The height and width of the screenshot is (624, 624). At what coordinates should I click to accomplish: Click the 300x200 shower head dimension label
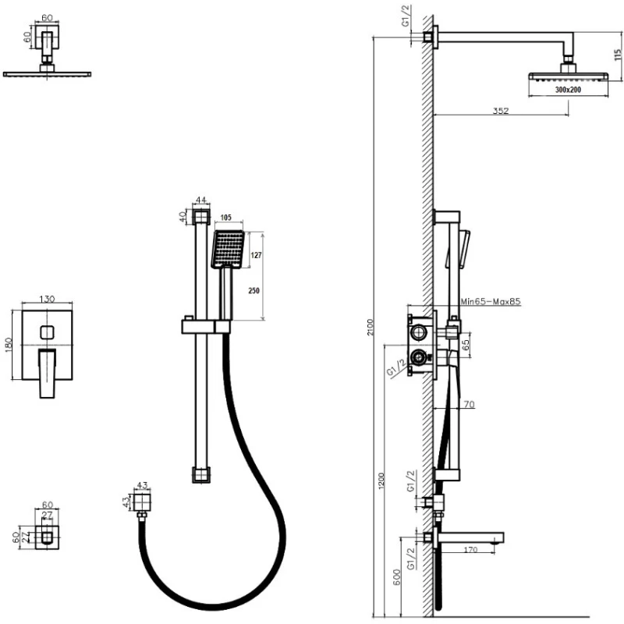(569, 90)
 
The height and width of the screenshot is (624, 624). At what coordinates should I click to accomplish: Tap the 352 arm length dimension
(501, 111)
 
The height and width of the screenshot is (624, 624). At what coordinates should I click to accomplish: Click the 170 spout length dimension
(468, 551)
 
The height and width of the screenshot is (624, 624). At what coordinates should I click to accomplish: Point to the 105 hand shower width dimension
(227, 218)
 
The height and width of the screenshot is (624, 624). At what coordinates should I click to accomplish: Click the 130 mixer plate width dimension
(48, 300)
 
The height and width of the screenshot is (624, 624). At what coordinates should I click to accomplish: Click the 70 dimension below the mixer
(468, 404)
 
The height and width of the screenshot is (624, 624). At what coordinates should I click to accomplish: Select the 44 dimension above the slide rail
(201, 200)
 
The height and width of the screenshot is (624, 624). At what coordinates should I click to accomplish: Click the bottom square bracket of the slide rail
(201, 473)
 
